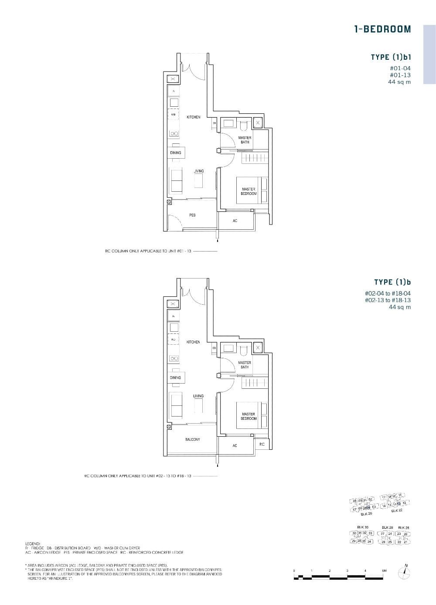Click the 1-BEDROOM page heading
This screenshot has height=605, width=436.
point(382,29)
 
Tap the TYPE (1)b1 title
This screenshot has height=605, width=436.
point(391,57)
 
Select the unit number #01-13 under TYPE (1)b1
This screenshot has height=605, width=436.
point(400,75)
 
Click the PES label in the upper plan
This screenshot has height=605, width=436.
point(192,215)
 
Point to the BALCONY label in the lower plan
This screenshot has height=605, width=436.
point(192,439)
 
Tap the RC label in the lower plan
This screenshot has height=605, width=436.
point(262,444)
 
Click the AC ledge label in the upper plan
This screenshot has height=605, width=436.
point(235,221)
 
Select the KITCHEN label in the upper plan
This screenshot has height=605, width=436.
point(194,117)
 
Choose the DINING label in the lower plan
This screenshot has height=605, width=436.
point(175,377)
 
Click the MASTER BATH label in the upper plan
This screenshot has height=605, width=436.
point(245,140)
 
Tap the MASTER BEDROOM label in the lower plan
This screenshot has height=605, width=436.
point(249,416)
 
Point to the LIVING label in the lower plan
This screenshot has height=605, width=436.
point(198,396)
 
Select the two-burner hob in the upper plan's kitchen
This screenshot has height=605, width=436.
point(174,134)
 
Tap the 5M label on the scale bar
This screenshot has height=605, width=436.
point(384,570)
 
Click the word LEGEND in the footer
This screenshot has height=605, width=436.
point(33,544)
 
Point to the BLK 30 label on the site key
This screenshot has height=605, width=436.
point(363,527)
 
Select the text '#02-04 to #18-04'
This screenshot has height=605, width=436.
point(388,293)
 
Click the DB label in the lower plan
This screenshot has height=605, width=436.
point(214,348)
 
